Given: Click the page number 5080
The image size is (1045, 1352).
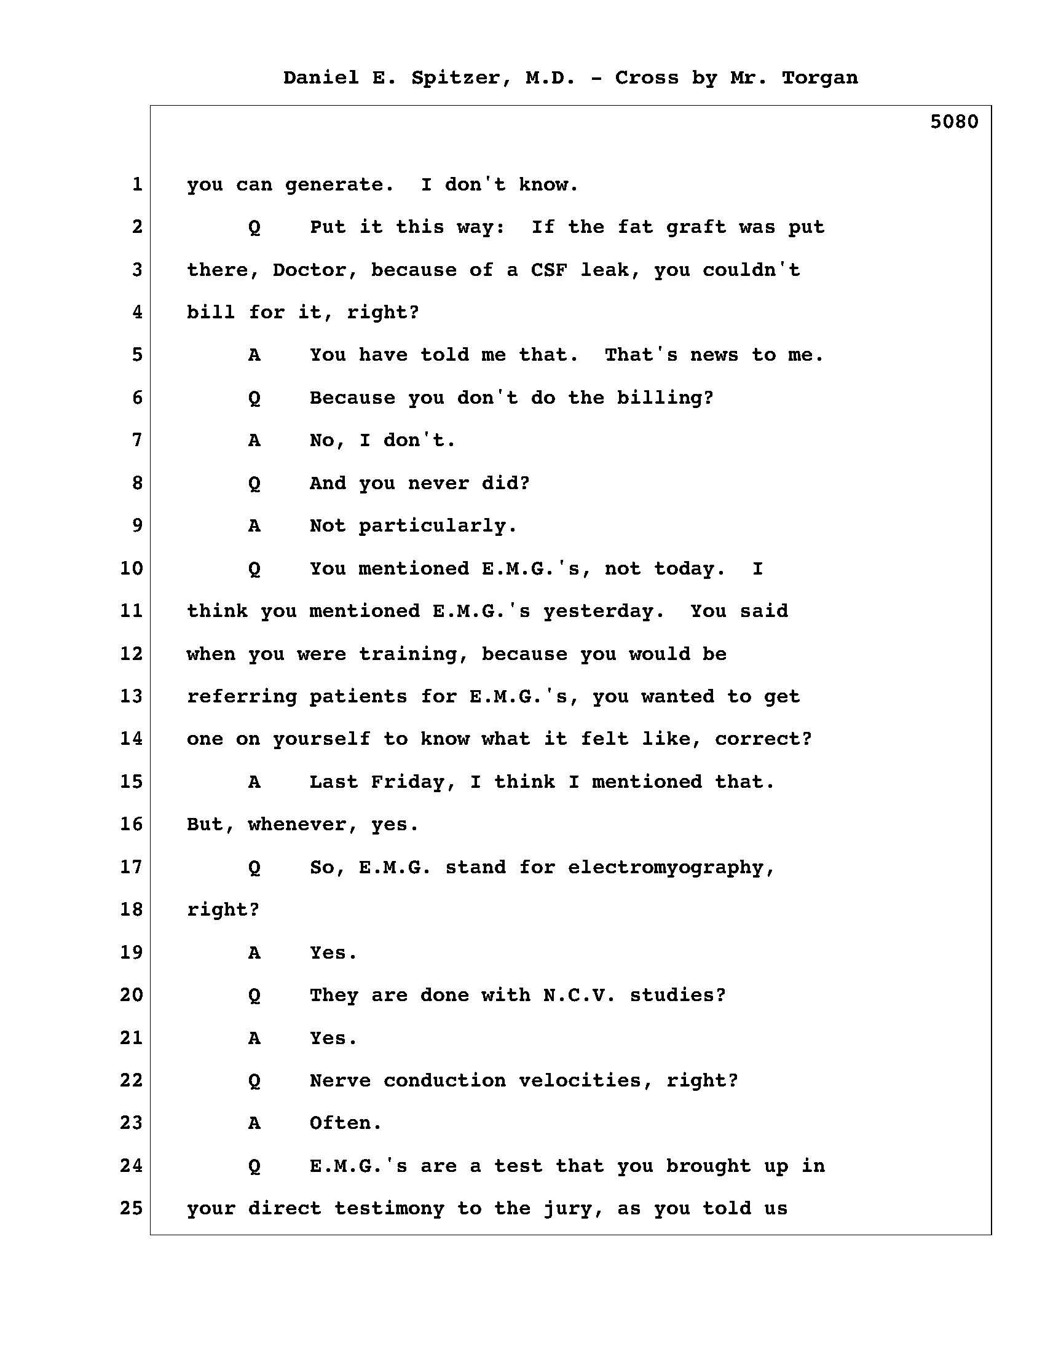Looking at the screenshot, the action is click(x=953, y=122).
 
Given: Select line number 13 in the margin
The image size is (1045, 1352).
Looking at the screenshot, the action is click(x=132, y=696).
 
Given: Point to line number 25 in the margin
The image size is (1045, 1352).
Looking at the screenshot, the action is click(x=132, y=1208).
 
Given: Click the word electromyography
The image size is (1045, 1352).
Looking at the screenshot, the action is click(x=671, y=868).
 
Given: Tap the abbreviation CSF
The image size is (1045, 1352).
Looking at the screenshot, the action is click(x=548, y=270).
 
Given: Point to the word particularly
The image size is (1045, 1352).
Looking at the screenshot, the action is click(x=437, y=526).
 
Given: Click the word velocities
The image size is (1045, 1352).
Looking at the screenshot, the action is click(x=585, y=1081).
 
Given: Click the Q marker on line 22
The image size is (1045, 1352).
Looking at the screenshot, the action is click(x=254, y=1081).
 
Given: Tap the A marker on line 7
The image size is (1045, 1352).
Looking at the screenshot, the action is click(x=254, y=441).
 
